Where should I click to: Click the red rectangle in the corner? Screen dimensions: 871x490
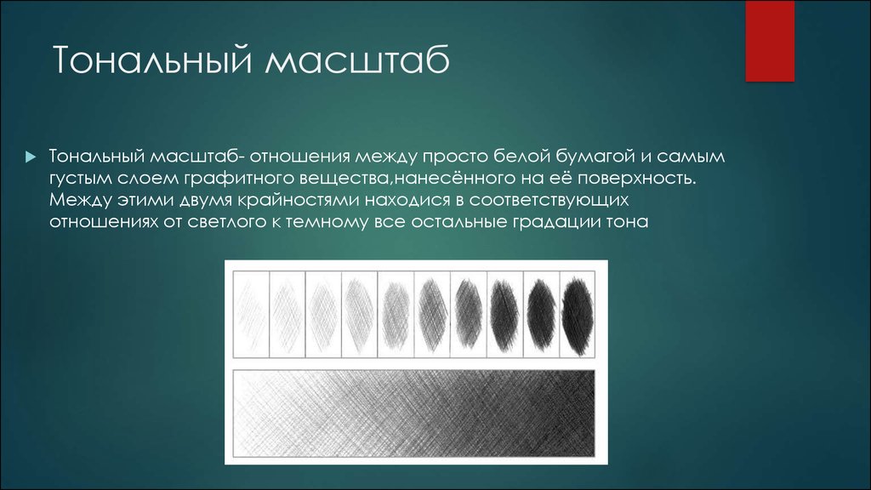point(769,41)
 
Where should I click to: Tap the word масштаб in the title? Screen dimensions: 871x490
point(357,60)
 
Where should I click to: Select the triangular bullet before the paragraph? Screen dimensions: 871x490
point(31,157)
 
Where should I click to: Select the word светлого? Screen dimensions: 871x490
point(228,222)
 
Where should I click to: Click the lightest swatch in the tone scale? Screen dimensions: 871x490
point(251,315)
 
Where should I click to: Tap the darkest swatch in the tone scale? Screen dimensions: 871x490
point(578,315)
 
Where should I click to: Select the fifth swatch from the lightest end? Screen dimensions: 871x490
point(396,315)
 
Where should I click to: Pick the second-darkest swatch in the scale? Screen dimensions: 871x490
point(541,315)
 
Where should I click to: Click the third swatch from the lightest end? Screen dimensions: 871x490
point(323,315)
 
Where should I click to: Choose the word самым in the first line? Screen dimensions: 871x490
point(691,157)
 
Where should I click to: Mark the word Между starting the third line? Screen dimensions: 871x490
point(81,200)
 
